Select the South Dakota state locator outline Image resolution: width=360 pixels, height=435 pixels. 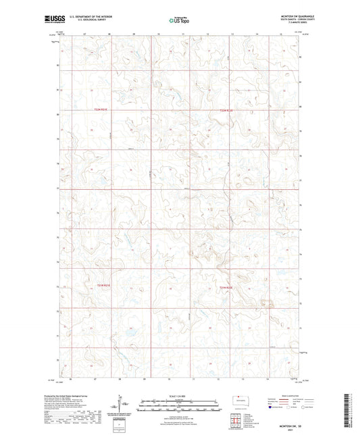(x=240, y=399)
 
